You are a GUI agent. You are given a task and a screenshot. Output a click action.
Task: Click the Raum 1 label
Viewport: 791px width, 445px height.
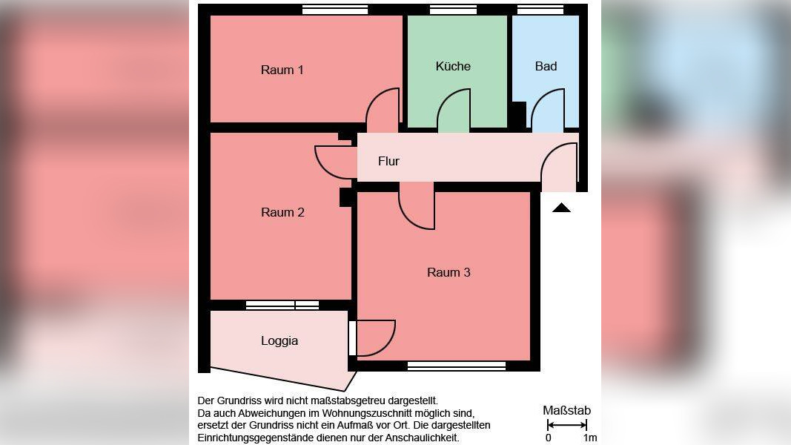(x=282, y=70)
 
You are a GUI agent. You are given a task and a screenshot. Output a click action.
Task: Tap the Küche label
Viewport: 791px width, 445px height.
(x=453, y=66)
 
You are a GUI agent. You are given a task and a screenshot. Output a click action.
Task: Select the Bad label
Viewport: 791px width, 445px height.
(x=546, y=66)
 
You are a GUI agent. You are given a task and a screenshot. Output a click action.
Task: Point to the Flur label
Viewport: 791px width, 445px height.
(x=388, y=161)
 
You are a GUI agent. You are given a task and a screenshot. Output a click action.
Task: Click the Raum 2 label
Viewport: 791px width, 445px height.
(x=282, y=213)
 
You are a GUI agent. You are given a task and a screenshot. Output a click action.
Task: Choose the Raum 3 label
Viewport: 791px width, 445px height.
(x=449, y=272)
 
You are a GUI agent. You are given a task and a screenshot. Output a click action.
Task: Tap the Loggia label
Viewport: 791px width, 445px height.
(x=279, y=341)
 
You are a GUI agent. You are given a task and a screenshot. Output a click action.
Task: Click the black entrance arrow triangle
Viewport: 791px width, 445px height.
(x=561, y=208)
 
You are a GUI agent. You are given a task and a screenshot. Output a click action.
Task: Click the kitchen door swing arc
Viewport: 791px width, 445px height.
(x=454, y=111)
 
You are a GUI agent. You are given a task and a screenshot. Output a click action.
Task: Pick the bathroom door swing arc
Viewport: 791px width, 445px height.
(x=548, y=111)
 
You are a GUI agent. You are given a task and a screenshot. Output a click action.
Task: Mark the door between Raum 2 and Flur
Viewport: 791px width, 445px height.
(x=336, y=162)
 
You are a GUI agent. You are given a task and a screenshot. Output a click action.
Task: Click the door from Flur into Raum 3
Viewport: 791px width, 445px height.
(x=417, y=210)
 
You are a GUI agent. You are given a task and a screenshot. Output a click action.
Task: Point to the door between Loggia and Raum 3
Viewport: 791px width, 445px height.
(x=374, y=338)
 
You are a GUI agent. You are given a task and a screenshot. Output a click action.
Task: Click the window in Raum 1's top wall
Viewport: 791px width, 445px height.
(x=335, y=10)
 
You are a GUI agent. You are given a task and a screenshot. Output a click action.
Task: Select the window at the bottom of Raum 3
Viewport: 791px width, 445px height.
(x=457, y=366)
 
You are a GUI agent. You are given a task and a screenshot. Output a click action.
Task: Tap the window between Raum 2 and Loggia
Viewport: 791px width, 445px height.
(x=282, y=305)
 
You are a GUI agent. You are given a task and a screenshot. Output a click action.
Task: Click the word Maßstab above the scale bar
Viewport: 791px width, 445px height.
(x=566, y=411)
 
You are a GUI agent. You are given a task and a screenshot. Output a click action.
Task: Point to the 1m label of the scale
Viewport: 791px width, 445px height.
(x=590, y=438)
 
